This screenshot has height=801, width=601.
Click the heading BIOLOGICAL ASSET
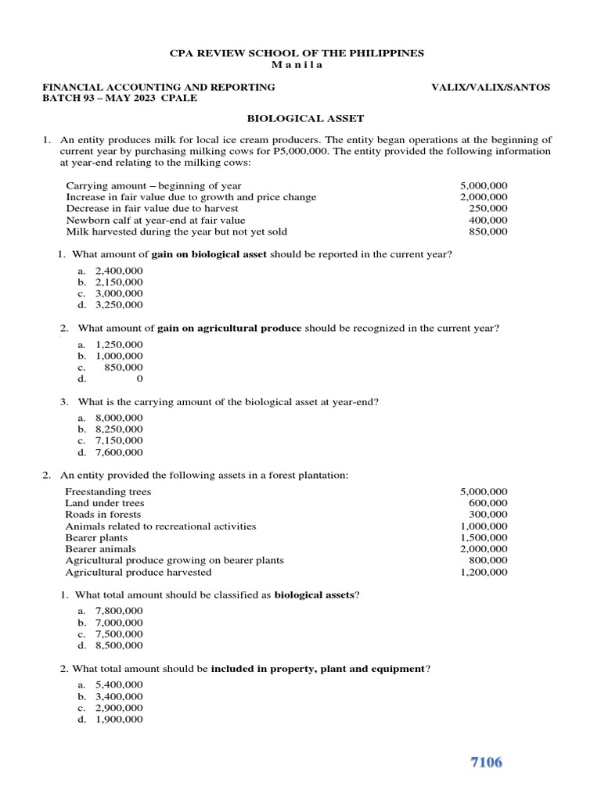tap(305, 118)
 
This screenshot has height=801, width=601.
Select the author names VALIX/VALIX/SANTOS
tap(491, 87)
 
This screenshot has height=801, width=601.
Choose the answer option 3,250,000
tap(119, 305)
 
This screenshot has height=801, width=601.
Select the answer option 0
tap(139, 379)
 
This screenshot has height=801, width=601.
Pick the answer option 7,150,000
tap(119, 440)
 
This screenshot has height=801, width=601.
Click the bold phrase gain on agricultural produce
tap(229, 328)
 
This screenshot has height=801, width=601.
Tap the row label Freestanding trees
tap(109, 491)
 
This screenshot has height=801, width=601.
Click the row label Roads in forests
tap(103, 515)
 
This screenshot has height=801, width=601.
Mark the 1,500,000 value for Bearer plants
tap(484, 538)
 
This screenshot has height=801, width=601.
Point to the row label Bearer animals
tap(100, 549)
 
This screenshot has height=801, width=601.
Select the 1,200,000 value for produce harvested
tap(484, 572)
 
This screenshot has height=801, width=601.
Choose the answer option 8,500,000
tap(119, 645)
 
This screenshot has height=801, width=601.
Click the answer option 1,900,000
tap(119, 720)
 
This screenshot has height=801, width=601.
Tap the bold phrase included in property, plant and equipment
tap(318, 669)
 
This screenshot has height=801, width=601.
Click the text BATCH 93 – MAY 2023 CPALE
tap(120, 99)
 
